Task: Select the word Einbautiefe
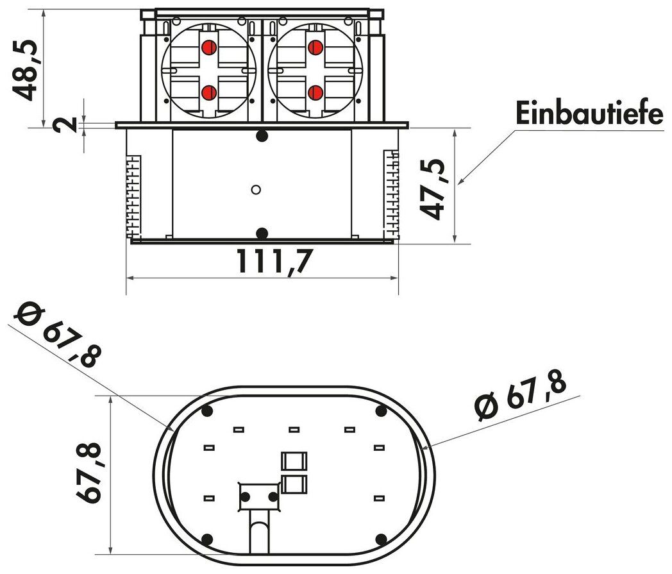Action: (x=589, y=115)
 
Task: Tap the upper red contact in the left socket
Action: (x=208, y=47)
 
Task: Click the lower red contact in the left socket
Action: (x=208, y=93)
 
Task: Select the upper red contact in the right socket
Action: (x=314, y=47)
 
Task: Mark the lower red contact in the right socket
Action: (x=314, y=93)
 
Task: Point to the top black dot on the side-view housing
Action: (x=261, y=136)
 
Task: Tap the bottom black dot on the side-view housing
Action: (x=261, y=232)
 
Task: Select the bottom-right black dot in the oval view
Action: (x=380, y=539)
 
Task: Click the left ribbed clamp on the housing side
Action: (x=132, y=196)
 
